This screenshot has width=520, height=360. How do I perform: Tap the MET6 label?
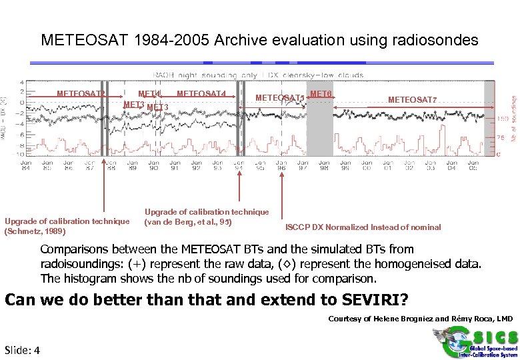321,94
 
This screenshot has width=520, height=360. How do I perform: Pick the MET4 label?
149,94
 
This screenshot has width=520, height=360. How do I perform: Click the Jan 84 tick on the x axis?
26,165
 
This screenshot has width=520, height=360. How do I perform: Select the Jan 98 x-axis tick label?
324,165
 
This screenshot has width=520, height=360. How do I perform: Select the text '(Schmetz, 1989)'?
35,231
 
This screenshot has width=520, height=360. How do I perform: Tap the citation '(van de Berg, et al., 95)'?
187,221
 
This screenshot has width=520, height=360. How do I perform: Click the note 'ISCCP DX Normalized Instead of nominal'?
363,227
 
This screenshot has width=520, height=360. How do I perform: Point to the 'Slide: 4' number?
22,351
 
